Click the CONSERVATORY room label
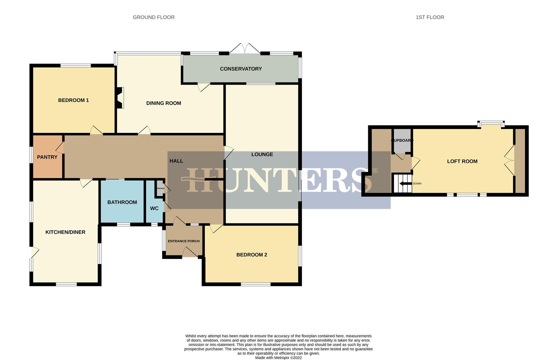pyautogui.click(x=240, y=69)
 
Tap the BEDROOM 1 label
pyautogui.click(x=73, y=100)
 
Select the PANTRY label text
pyautogui.click(x=47, y=157)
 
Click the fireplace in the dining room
pyautogui.click(x=120, y=98)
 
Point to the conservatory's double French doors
pyautogui.click(x=245, y=49)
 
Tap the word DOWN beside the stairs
pyautogui.click(x=417, y=184)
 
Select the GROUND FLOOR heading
pyautogui.click(x=153, y=17)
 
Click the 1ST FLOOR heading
pyautogui.click(x=430, y=17)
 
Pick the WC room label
pyautogui.click(x=154, y=208)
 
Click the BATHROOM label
pyautogui.click(x=122, y=202)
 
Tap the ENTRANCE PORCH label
pyautogui.click(x=183, y=241)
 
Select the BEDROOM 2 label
pyautogui.click(x=251, y=255)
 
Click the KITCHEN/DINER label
pyautogui.click(x=65, y=232)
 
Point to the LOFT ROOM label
pyautogui.click(x=462, y=161)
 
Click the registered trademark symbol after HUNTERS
pyautogui.click(x=375, y=171)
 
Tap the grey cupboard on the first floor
pyautogui.click(x=402, y=140)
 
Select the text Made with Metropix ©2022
pyautogui.click(x=278, y=358)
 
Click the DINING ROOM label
pyautogui.click(x=163, y=103)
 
